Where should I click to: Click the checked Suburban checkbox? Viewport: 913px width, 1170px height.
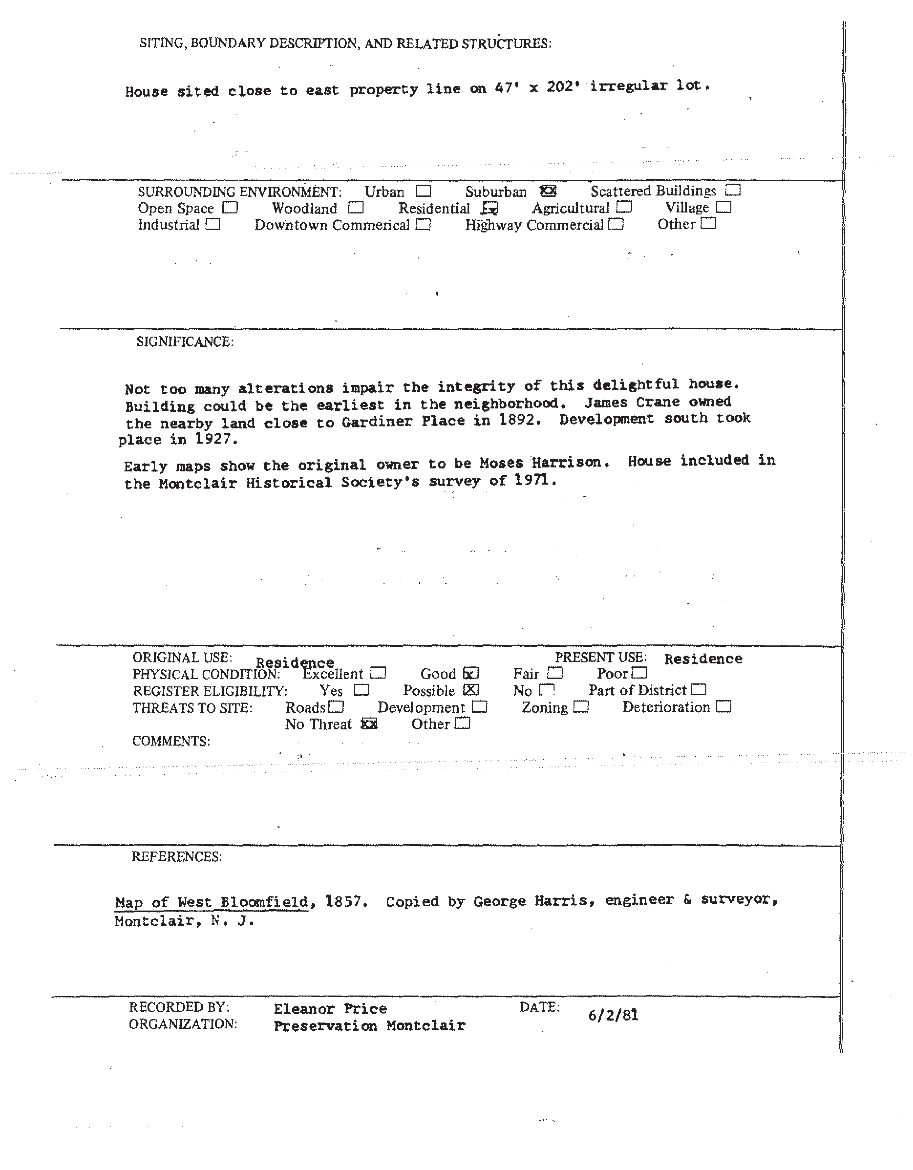coord(548,191)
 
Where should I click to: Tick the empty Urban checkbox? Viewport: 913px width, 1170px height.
coord(423,191)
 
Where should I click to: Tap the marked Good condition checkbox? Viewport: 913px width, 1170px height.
coord(471,673)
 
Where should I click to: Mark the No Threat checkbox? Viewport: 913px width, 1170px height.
coord(369,724)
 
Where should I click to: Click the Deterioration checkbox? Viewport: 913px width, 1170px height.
coord(723,707)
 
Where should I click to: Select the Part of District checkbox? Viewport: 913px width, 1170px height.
coord(699,690)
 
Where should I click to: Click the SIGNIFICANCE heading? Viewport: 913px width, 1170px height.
coord(185,342)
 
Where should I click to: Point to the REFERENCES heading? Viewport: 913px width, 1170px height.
coord(177,857)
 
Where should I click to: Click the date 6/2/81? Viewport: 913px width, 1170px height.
coord(613,1015)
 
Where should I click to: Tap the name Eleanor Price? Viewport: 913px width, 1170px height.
coord(330,1009)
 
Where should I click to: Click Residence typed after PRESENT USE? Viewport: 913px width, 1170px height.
coord(703,659)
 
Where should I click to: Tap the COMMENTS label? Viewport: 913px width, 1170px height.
coord(171,741)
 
